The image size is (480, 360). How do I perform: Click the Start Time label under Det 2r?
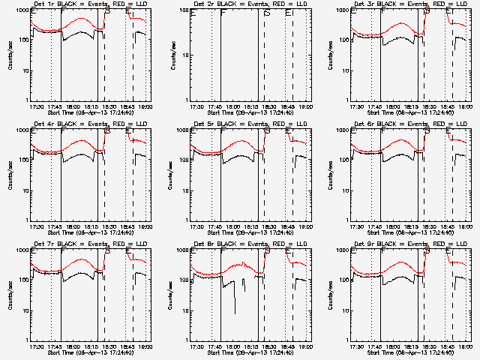click(x=250, y=112)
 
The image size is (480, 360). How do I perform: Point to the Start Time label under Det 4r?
click(x=90, y=232)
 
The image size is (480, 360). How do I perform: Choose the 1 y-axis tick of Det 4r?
click(x=27, y=220)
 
